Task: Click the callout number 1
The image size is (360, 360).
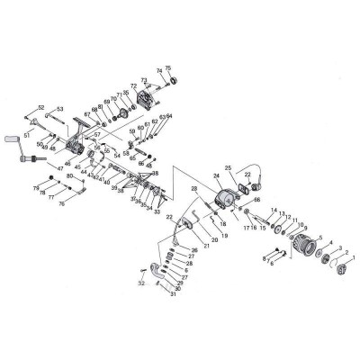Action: pos(354,259)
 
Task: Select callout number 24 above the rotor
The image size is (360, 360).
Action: pos(216,176)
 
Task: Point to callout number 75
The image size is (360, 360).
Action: pos(167,68)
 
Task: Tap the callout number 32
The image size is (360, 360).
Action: pos(141,282)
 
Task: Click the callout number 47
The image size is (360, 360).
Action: pos(59,168)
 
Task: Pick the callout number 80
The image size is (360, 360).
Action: pos(70,177)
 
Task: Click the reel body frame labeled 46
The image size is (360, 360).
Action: pos(76,142)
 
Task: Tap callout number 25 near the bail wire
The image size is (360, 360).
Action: pos(229,168)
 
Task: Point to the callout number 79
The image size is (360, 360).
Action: pos(37,187)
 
